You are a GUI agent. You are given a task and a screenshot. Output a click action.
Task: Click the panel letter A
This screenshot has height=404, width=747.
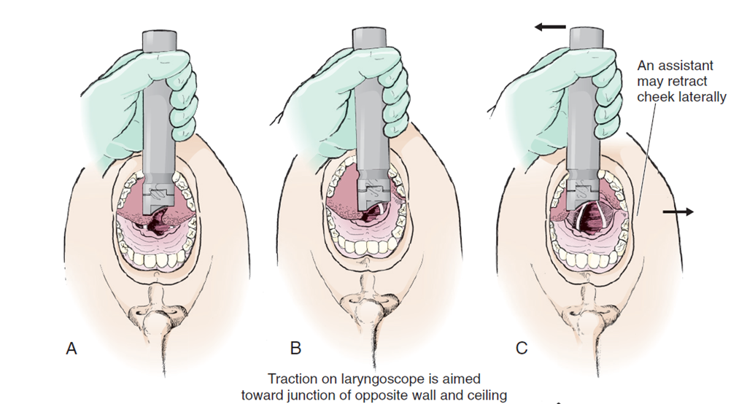[71, 349]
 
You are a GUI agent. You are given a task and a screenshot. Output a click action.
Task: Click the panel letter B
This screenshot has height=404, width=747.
[295, 349]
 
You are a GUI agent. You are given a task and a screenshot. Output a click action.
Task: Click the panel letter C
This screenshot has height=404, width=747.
[522, 349]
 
